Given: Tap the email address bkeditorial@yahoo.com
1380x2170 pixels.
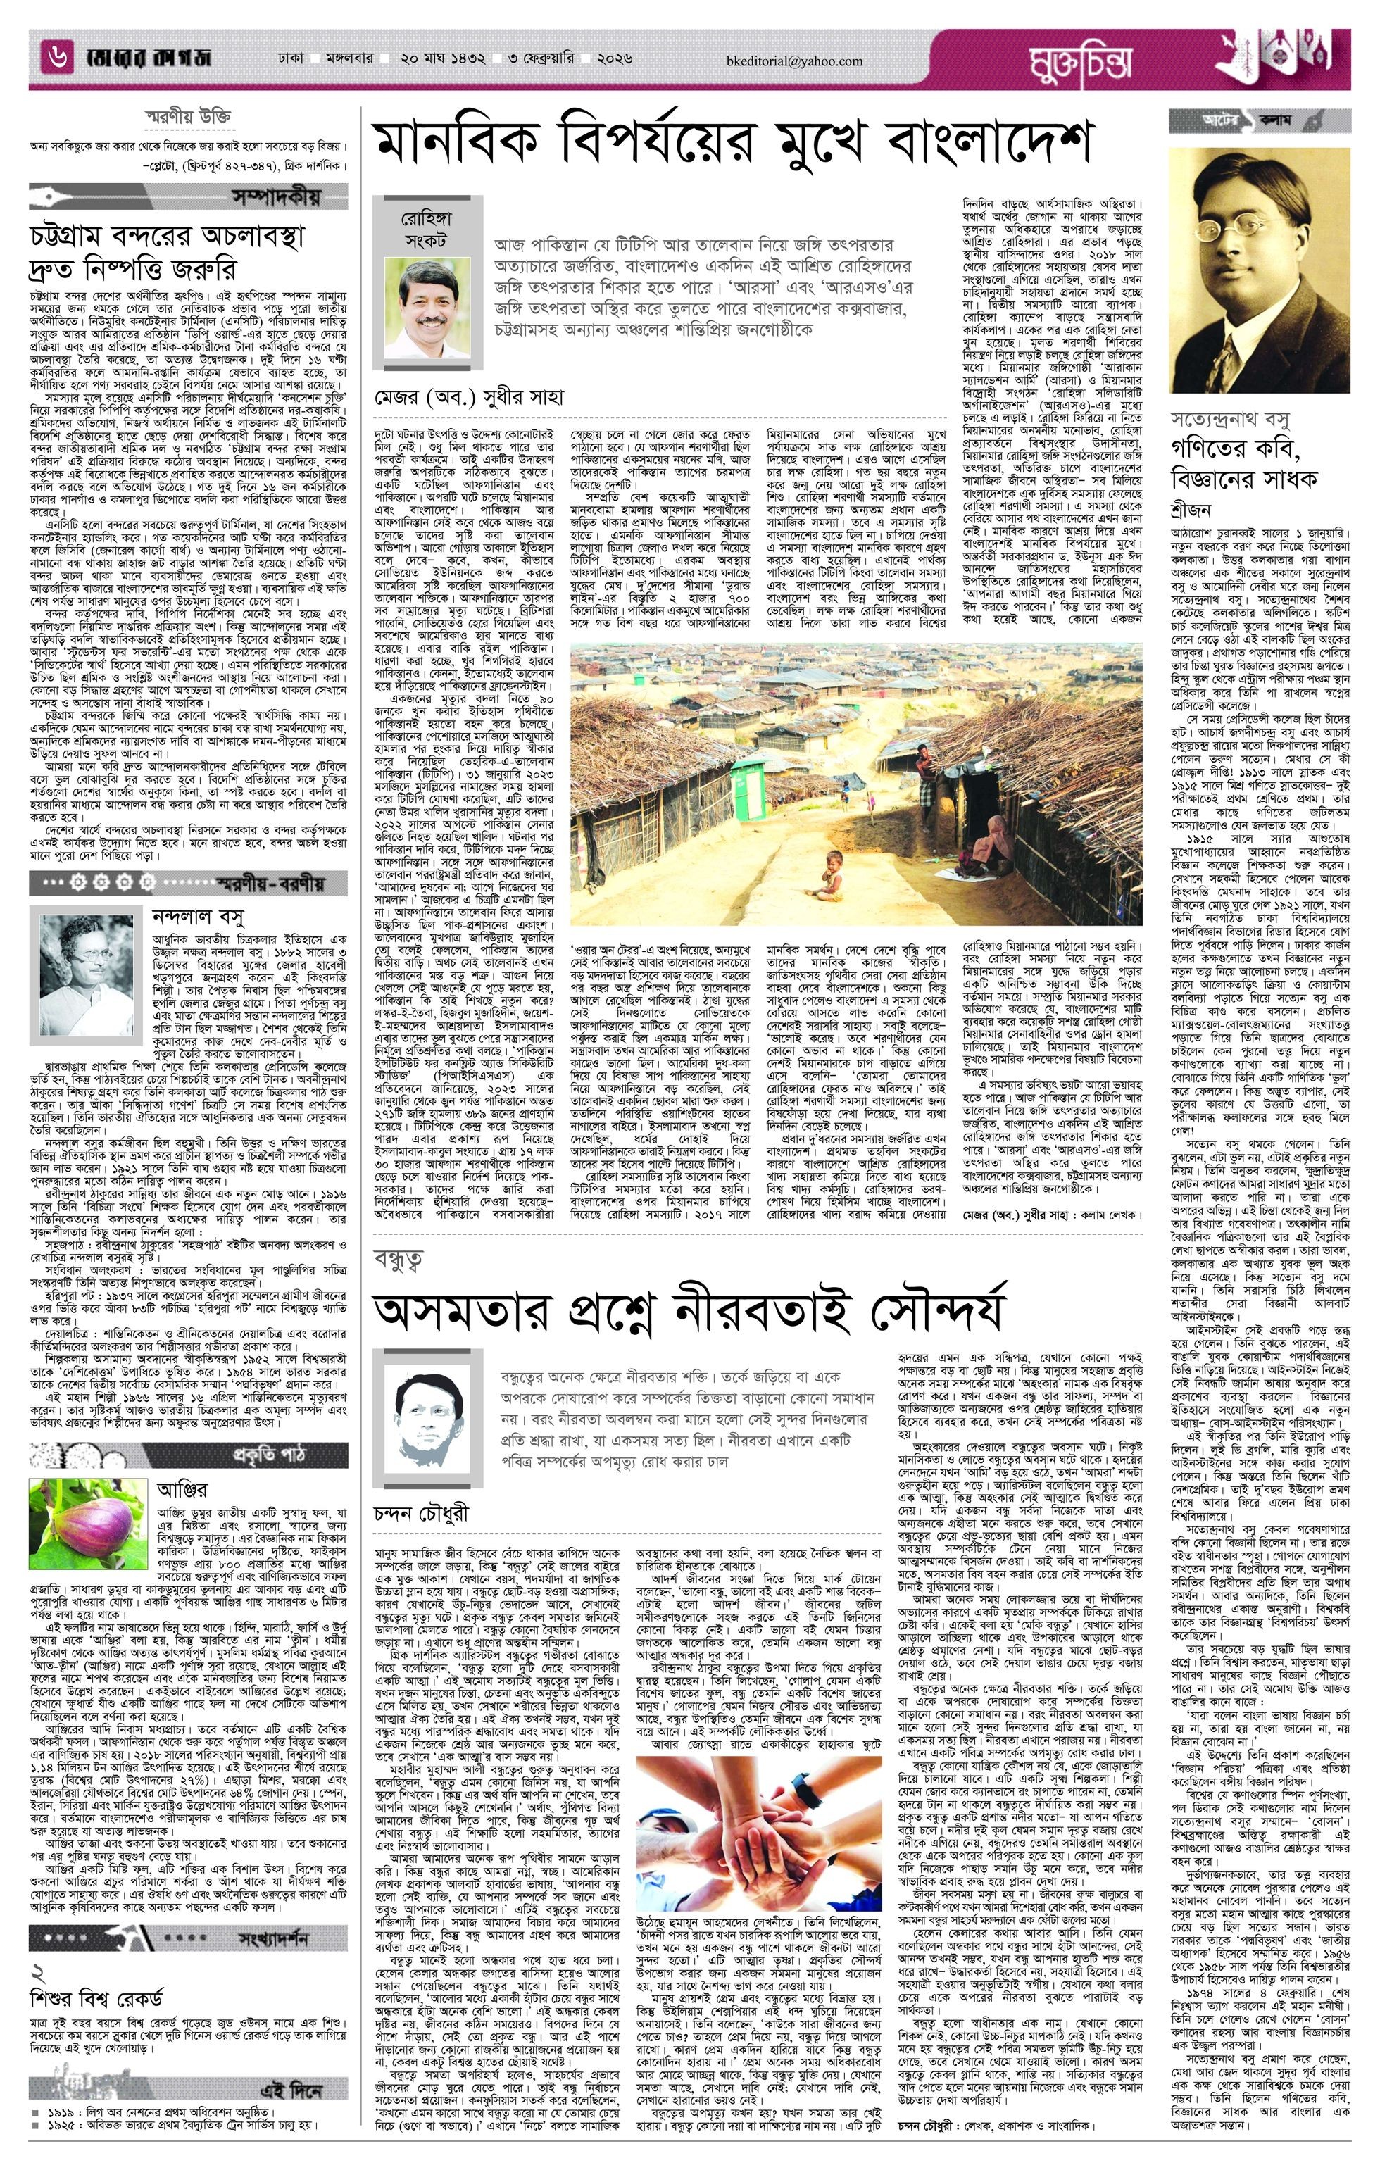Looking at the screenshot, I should coord(794,61).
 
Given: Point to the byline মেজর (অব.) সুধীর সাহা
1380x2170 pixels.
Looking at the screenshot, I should coord(470,396).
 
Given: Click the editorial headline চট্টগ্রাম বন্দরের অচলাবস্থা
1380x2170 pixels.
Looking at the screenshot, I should coord(166,236).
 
